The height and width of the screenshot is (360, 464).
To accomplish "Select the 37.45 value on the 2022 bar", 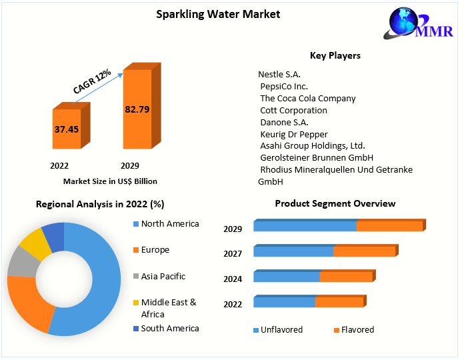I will [66, 129].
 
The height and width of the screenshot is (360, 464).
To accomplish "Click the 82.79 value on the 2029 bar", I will [137, 109].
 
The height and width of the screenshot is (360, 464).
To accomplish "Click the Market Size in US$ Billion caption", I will [110, 181].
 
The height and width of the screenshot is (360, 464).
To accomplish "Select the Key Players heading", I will [335, 55].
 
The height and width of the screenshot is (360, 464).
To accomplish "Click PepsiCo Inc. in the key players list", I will [283, 86].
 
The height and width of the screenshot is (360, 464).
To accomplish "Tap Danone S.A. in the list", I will [284, 122].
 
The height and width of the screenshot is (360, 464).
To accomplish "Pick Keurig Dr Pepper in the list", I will [293, 134].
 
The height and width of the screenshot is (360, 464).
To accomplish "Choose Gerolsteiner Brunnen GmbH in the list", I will [316, 158].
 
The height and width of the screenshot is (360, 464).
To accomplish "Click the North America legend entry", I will [169, 224].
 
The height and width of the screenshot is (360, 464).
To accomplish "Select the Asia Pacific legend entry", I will [163, 276].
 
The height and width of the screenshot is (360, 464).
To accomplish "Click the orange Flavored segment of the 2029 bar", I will [389, 226].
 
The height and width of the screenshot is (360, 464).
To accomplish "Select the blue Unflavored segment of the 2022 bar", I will [284, 302].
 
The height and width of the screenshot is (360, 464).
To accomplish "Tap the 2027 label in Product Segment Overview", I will [233, 254].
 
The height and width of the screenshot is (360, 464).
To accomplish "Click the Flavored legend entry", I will [357, 329].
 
